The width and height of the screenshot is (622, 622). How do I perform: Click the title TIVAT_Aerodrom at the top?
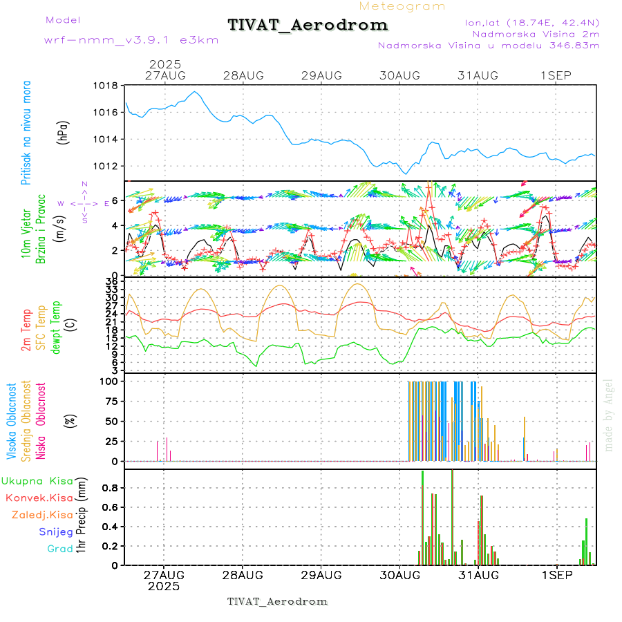(x=308, y=25)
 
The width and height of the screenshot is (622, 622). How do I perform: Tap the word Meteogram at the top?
(x=402, y=6)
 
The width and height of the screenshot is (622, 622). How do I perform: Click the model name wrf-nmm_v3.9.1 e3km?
(x=131, y=39)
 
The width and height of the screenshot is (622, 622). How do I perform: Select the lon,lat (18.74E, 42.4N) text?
(x=532, y=21)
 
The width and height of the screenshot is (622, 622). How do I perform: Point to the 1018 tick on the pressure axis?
(x=105, y=86)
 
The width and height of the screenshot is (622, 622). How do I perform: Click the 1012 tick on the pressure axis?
(x=105, y=166)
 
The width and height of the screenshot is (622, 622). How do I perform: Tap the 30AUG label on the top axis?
(x=399, y=75)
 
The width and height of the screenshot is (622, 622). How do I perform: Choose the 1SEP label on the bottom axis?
(x=556, y=574)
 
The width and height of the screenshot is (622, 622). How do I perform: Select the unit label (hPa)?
(x=64, y=131)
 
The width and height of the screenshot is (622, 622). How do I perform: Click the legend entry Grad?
(x=59, y=549)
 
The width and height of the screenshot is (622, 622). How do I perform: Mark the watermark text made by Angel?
(x=609, y=415)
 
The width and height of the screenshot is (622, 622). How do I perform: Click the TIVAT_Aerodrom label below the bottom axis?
(x=277, y=601)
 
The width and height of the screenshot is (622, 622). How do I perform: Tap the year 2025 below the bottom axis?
(x=164, y=586)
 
